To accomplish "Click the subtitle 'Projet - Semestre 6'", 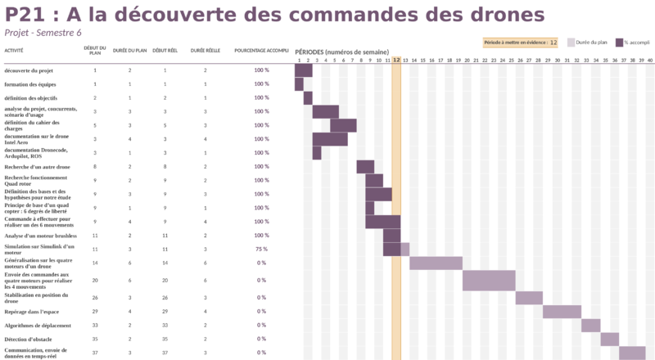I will (43, 32).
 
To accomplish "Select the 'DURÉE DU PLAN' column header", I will (129, 51).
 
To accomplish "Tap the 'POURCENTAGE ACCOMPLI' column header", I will (261, 51).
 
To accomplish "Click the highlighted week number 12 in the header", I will (396, 60).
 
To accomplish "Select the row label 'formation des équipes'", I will (30, 84).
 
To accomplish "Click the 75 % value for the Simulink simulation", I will (261, 249).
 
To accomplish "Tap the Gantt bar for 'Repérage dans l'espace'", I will (562, 312).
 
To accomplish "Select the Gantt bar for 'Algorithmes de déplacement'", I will (591, 326).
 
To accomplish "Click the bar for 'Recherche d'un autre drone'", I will (365, 167).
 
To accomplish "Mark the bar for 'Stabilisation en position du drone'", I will (529, 298).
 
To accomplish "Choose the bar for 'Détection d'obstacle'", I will (610, 340).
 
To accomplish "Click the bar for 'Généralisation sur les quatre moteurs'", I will (436, 263).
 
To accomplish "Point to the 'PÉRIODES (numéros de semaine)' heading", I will (341, 51).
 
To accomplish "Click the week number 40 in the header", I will (650, 60).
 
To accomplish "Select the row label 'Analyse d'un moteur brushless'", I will (40, 235).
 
